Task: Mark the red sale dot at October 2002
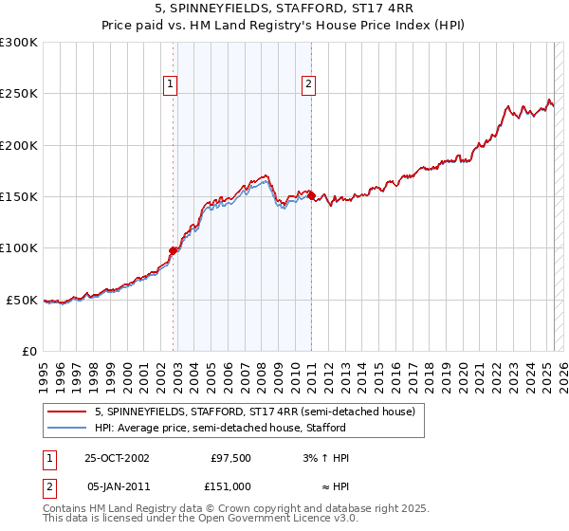coord(174,250)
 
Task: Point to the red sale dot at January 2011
coord(311,196)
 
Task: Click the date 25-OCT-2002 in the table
coord(117,458)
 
